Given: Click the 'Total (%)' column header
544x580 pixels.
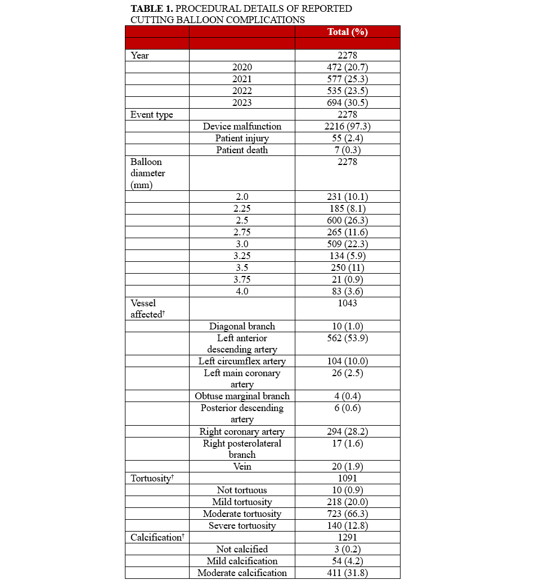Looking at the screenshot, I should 347,32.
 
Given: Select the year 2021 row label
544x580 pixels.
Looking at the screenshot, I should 242,79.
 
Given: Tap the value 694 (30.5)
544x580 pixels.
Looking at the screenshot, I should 347,102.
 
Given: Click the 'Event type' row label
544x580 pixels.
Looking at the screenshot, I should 152,114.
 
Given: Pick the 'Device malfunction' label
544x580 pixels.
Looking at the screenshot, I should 242,126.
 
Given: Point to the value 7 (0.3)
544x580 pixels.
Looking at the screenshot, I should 347,150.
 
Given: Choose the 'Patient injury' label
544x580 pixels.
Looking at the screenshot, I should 242,138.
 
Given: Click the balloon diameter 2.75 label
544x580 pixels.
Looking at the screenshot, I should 242,232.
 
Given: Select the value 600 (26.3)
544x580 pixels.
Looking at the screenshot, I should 347,220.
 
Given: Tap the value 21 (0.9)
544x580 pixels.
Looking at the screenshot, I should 347,279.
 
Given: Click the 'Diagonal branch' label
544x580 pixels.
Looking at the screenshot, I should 242,326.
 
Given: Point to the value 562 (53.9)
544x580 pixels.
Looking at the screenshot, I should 347,338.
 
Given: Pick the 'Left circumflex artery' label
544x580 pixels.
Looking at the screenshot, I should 242,361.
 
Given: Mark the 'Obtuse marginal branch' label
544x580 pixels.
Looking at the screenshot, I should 242,396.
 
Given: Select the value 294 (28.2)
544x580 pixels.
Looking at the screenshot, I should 347,431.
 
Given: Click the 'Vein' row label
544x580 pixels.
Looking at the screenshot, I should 242,466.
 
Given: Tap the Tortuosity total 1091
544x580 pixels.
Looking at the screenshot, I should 347,478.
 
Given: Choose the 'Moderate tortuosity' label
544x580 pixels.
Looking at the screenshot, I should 242,514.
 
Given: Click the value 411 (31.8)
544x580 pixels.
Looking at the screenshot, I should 347,573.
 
